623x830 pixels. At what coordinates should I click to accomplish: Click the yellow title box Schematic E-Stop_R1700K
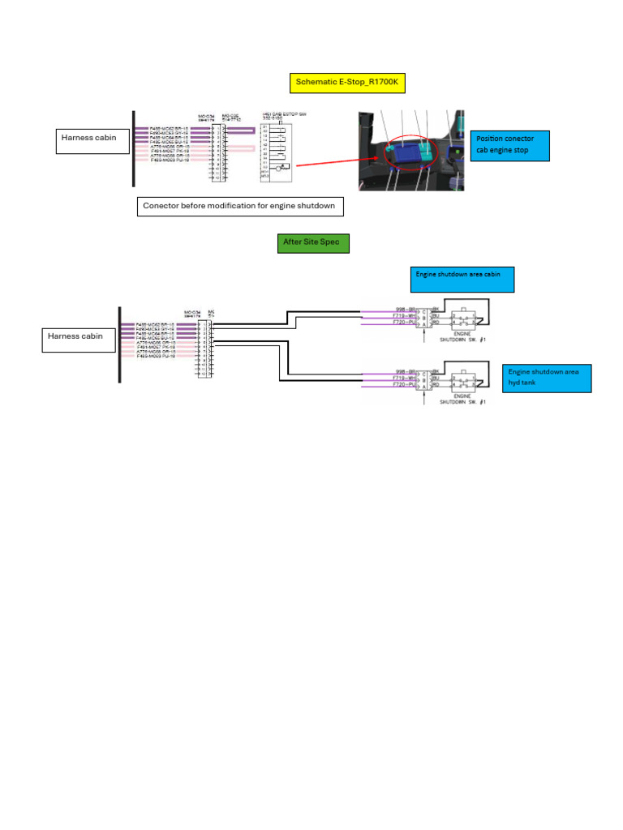tap(347, 83)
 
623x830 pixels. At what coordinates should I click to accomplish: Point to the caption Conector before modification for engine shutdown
tap(238, 207)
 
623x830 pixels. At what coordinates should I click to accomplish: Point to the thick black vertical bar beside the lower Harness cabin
tap(119, 344)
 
